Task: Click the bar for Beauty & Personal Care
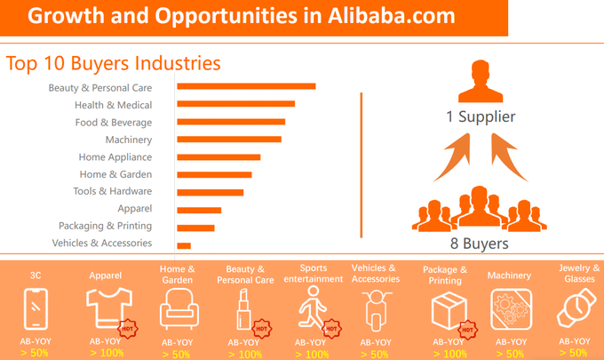pos(246,86)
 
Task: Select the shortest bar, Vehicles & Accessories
pos(184,245)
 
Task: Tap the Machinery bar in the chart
pos(229,140)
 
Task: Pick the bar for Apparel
pos(199,210)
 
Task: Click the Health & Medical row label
pos(114,105)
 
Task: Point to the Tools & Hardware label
pos(113,191)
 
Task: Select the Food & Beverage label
pos(114,123)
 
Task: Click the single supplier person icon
pos(481,82)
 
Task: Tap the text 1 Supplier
pos(481,116)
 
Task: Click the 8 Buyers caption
pos(479,244)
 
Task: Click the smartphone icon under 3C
pos(36,308)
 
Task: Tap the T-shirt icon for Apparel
pos(109,308)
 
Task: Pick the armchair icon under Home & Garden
pos(179,308)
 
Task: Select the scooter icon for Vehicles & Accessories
pos(376,310)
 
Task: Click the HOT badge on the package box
pos(467,330)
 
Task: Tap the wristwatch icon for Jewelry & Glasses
pos(576,308)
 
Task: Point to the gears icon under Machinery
pos(511,309)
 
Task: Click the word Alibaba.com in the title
pos(392,16)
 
